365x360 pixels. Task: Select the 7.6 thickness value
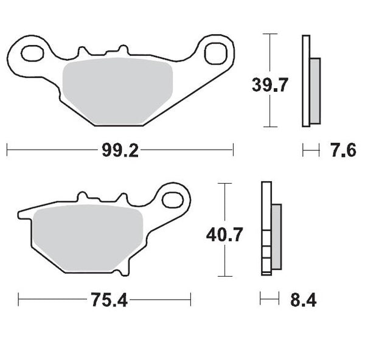click(343, 150)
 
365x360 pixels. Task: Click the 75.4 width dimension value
click(111, 300)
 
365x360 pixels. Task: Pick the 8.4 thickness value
click(303, 300)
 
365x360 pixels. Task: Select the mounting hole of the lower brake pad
click(173, 199)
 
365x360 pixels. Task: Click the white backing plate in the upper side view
click(306, 81)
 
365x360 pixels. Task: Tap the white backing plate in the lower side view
click(266, 228)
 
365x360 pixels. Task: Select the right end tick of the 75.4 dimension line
click(191, 299)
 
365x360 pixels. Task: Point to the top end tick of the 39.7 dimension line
click(268, 35)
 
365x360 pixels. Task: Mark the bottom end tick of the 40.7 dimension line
click(224, 275)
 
